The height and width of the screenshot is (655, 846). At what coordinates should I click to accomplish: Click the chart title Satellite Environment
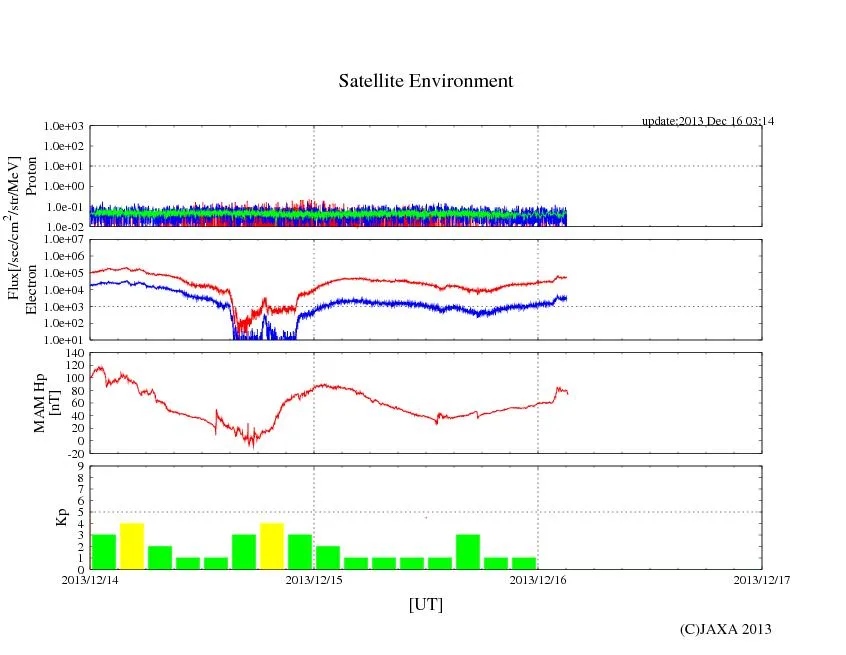(425, 81)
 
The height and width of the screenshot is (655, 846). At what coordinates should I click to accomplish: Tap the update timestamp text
(708, 121)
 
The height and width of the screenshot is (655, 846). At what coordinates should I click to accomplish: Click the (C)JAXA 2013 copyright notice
(725, 628)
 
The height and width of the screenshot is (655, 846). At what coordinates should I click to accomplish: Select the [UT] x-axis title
(425, 604)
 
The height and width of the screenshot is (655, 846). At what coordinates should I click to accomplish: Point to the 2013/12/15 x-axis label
(314, 578)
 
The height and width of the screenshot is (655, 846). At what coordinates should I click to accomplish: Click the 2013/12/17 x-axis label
(761, 578)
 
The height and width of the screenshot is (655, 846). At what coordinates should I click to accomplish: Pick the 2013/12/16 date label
(538, 578)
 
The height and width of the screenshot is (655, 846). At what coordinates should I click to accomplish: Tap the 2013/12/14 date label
(90, 578)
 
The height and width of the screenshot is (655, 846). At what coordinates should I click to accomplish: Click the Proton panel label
(31, 176)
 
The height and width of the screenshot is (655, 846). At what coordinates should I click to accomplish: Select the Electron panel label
(31, 289)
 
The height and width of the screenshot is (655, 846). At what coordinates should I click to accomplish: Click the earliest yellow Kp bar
(132, 546)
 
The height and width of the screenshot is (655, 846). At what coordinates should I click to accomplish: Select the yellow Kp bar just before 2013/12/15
(272, 546)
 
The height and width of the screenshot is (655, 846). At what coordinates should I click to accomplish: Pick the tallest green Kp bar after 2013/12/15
(468, 551)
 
